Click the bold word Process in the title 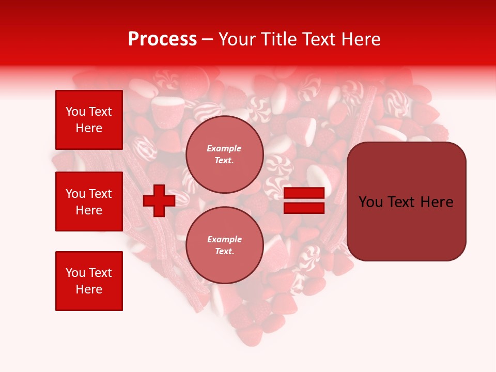tap(162, 39)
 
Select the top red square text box tap(89, 120)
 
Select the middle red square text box tap(89, 202)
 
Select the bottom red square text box tap(89, 281)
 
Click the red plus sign tap(159, 200)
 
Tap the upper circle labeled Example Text tap(224, 154)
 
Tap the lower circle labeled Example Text tap(224, 245)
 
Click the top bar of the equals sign tap(304, 193)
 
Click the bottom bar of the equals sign tap(304, 208)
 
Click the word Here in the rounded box tap(437, 202)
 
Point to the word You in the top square tap(75, 112)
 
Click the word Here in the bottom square tap(89, 289)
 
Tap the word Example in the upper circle tap(224, 148)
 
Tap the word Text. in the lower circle tap(224, 252)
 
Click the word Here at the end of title tap(362, 39)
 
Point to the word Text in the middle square tap(101, 194)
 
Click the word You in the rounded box tap(370, 202)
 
